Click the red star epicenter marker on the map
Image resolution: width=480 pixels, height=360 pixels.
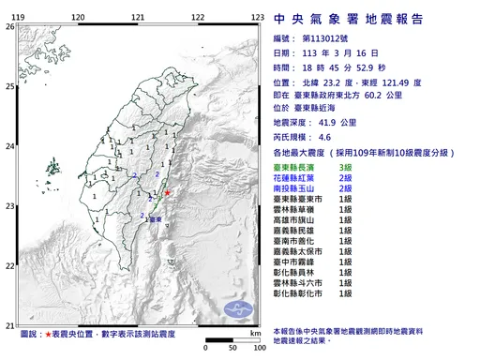tap(167, 194)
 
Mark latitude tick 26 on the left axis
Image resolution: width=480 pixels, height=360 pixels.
tap(9, 27)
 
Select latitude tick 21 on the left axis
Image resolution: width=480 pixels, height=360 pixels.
tap(9, 322)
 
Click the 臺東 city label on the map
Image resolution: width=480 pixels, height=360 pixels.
tap(155, 218)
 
